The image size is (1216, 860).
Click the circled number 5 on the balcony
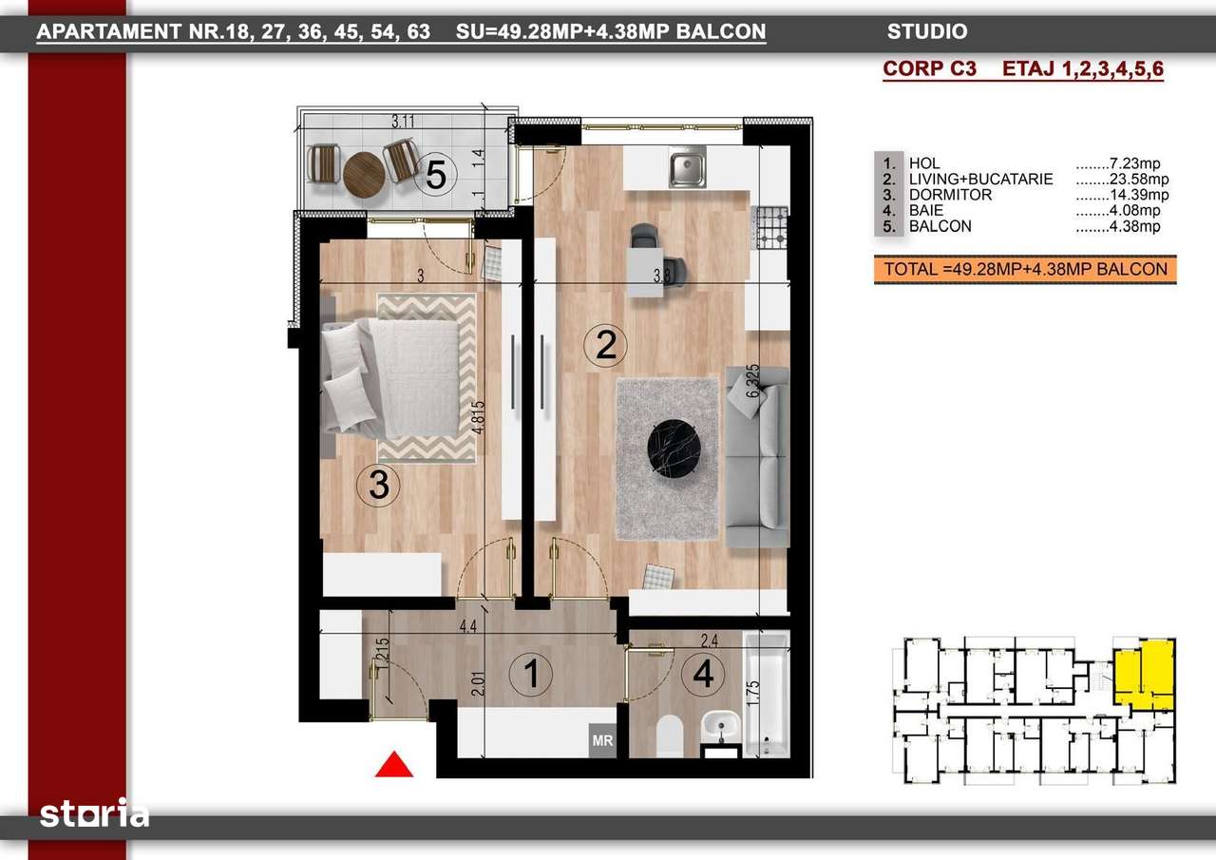point(436,174)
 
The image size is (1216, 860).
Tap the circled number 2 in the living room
point(606,344)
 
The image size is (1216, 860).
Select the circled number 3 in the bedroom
point(378,486)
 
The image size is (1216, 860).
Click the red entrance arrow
point(394,765)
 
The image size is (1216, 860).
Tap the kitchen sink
point(687,168)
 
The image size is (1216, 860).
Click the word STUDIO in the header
point(926,31)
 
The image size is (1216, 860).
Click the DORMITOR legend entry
point(950,195)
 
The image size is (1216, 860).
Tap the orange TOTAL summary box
point(1025,269)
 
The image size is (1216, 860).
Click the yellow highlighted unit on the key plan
point(1144,673)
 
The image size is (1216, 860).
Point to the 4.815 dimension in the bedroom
point(484,414)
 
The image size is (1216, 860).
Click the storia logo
point(94,814)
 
